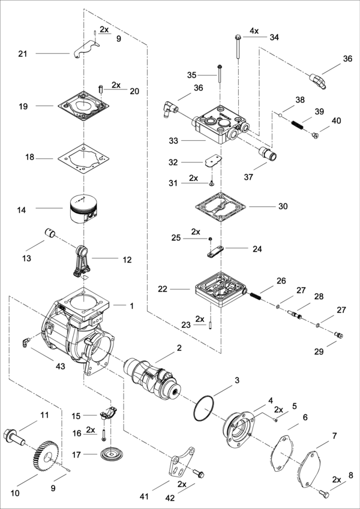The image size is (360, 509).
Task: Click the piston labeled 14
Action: click(x=84, y=209)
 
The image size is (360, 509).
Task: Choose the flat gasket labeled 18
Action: click(x=84, y=159)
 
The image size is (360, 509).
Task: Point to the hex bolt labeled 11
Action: click(x=16, y=437)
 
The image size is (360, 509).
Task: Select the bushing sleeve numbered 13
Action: click(x=50, y=233)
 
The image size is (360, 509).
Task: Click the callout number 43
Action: click(x=61, y=366)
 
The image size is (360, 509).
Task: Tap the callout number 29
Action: click(x=319, y=351)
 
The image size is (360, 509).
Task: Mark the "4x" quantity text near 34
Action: click(x=254, y=31)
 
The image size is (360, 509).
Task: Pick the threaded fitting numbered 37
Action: click(x=268, y=153)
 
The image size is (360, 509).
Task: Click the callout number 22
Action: click(x=164, y=289)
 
